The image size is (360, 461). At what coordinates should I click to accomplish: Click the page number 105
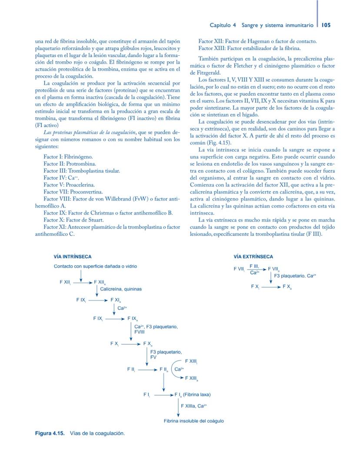pos(326,25)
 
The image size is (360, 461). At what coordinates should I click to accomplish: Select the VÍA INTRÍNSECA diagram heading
pos(73,257)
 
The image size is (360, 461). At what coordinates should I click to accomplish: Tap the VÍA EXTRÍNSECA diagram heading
pos(253,257)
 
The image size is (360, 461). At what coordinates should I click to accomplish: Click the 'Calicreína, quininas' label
pos(121,289)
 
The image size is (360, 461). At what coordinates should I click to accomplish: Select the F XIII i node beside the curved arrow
pos(191,361)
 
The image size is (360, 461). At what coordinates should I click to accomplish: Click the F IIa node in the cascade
pos(164,369)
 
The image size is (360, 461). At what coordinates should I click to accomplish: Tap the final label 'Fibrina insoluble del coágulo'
pos(194,421)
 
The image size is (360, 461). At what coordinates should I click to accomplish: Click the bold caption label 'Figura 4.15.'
pos(50,434)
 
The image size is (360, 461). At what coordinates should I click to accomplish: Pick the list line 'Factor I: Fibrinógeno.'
pos(68,156)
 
